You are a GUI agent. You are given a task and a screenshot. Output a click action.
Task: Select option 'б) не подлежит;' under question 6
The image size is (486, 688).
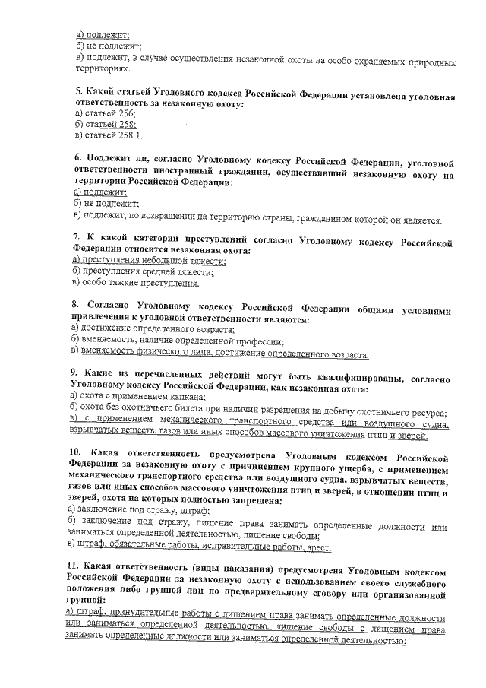(102, 204)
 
